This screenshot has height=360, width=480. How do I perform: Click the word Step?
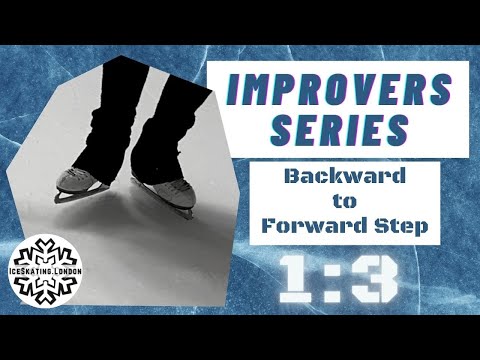[x=401, y=225]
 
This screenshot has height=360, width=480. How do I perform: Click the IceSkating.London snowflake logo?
[x=52, y=271]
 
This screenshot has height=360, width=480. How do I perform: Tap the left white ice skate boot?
[x=80, y=180]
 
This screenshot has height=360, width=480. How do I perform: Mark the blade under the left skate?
[x=80, y=195]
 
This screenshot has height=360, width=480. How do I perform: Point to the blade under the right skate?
[x=165, y=208]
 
